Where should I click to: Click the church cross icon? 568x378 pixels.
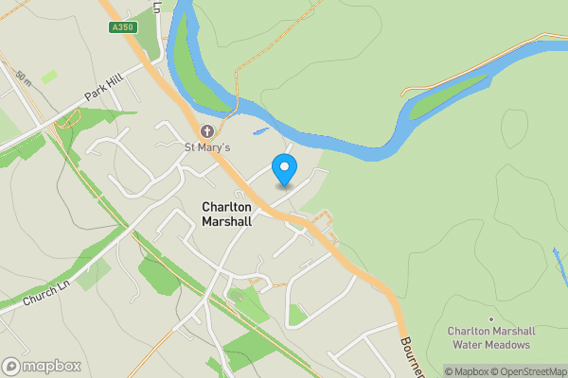[207, 131]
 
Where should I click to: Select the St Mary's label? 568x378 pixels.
[207, 147]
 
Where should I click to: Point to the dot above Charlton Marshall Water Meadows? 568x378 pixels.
[490, 319]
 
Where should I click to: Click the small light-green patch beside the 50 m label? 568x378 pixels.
[48, 76]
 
